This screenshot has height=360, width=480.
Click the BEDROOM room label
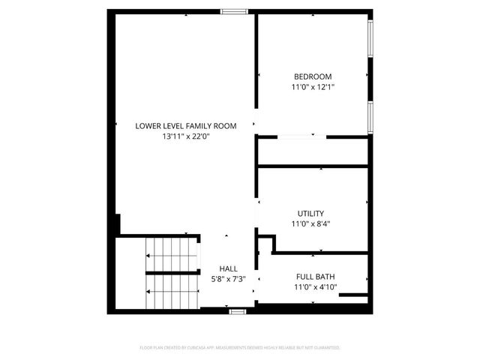pos(313,76)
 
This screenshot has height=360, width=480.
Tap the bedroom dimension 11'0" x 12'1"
pos(313,87)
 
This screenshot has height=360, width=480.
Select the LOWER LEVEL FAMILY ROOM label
pos(185,126)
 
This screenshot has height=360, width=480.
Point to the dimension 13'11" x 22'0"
pos(185,136)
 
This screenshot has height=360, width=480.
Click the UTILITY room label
pos(310,213)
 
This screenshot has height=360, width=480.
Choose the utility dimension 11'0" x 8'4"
pos(310,223)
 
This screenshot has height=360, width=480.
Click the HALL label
pos(229,268)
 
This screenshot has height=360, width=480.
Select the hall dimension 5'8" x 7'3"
pos(229,278)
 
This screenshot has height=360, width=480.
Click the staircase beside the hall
pos(172,273)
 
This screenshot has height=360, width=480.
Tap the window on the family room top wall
pos(234,11)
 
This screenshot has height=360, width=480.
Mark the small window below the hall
pos(238,310)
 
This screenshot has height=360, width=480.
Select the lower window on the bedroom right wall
pos(370,118)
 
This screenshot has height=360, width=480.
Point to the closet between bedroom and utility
pos(313,151)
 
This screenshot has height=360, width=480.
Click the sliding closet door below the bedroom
pos(301,136)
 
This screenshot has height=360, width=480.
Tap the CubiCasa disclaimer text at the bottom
pos(240,348)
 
